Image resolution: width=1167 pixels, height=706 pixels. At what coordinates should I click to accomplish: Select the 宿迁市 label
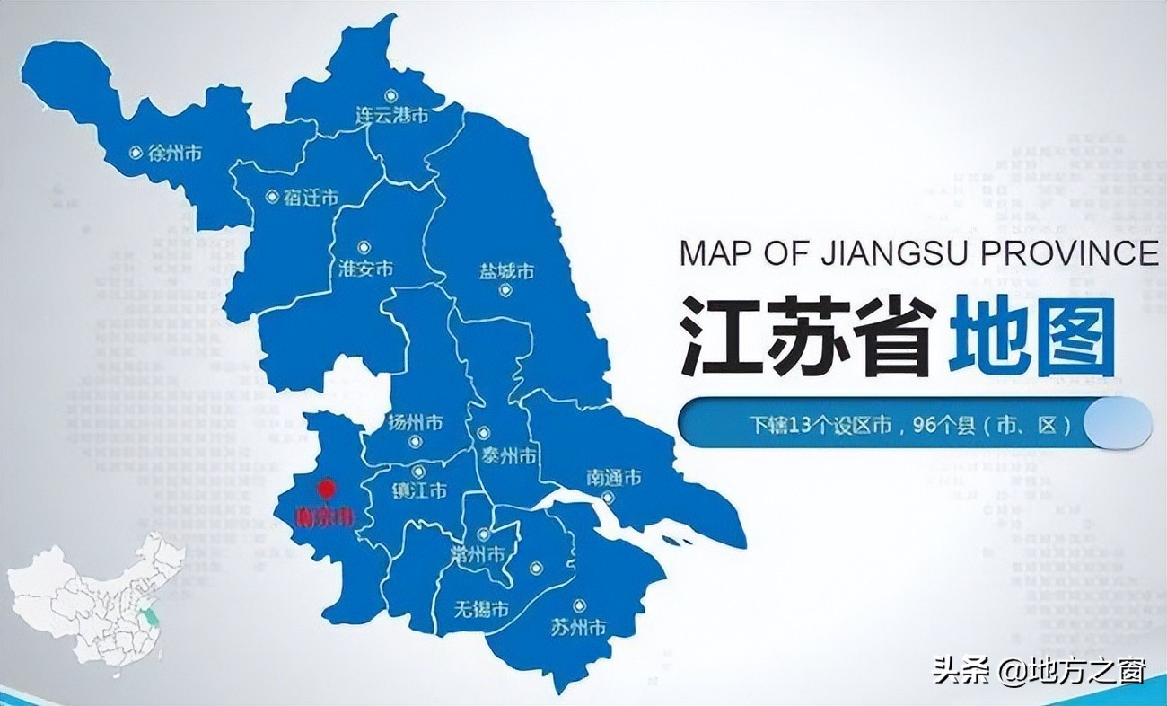(x=311, y=198)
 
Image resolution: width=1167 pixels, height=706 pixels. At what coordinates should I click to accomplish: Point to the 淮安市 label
(x=365, y=269)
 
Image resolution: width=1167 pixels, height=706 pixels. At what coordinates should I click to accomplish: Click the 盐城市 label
(x=506, y=270)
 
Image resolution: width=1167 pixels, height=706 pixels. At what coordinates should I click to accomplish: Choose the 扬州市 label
(x=414, y=421)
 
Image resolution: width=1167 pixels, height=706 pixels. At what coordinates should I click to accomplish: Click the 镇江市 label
(x=419, y=490)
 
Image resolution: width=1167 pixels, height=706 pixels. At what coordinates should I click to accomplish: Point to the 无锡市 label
(x=481, y=610)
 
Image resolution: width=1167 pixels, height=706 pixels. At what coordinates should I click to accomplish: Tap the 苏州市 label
(x=578, y=626)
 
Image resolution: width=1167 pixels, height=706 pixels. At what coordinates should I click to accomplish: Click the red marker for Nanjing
(x=327, y=489)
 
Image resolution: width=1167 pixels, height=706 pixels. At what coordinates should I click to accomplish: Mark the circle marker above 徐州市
(x=136, y=153)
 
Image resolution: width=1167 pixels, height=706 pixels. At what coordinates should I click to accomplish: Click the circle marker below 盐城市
(x=505, y=290)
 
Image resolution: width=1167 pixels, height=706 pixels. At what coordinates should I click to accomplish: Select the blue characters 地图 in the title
(x=1032, y=338)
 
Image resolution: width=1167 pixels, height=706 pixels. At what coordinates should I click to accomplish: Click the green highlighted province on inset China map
(x=154, y=617)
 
